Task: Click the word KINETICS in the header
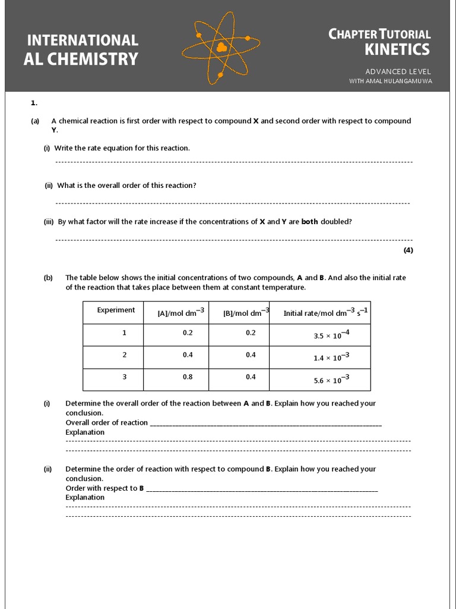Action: coord(397,49)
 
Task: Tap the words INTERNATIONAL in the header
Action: coord(83,40)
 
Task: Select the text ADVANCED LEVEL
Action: coord(398,71)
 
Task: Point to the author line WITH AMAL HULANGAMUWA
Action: coord(390,81)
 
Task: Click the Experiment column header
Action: coord(116,310)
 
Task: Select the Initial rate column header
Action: coord(325,313)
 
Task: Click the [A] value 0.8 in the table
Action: coord(188,377)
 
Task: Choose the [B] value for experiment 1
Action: coord(251,332)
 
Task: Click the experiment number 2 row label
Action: coord(124,354)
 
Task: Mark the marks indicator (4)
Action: coord(408,250)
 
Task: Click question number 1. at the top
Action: coord(34,103)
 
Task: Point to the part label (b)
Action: coord(48,278)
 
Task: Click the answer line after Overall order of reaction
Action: coord(265,424)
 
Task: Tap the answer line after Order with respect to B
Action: coord(261,489)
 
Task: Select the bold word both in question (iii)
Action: coord(309,222)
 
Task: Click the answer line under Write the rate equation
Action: coord(233,162)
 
